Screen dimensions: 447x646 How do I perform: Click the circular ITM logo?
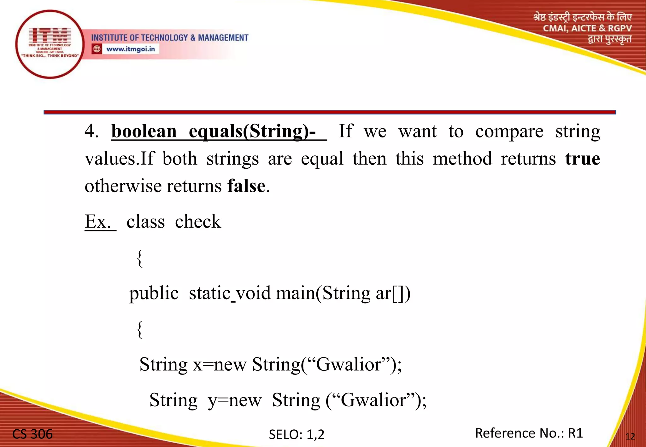point(50,44)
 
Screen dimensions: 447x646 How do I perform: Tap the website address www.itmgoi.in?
point(131,49)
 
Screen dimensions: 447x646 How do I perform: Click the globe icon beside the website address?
point(97,49)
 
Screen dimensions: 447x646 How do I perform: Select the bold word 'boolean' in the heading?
point(144,131)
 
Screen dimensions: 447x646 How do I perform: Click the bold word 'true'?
point(582,159)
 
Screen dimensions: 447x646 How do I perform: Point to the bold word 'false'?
point(246,186)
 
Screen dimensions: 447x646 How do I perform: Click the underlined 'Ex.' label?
point(98,222)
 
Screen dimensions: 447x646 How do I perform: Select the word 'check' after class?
point(198,222)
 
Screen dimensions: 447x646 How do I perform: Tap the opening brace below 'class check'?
point(140,258)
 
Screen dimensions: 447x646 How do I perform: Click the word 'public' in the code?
point(154,293)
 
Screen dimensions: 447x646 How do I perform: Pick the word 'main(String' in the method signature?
point(323,293)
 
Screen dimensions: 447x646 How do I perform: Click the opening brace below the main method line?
point(140,329)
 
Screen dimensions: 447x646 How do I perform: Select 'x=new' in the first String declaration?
point(220,365)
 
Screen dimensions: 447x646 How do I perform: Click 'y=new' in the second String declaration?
point(234,400)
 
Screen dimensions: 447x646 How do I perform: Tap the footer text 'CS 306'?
point(32,434)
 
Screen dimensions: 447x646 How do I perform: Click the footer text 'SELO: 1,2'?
point(297,434)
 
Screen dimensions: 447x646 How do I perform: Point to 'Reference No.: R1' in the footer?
point(529,433)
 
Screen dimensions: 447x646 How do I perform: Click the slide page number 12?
point(630,437)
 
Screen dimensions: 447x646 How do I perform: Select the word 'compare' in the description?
point(509,131)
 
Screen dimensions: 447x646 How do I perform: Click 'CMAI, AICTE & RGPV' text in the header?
point(587,28)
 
